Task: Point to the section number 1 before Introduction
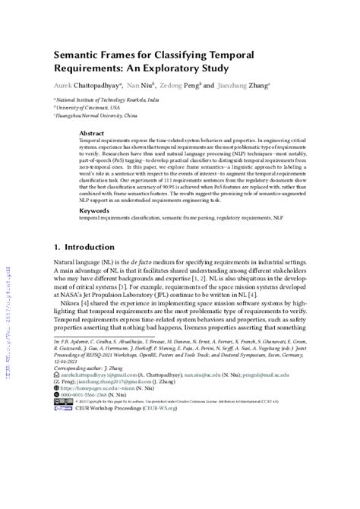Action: pyautogui.click(x=57, y=247)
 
